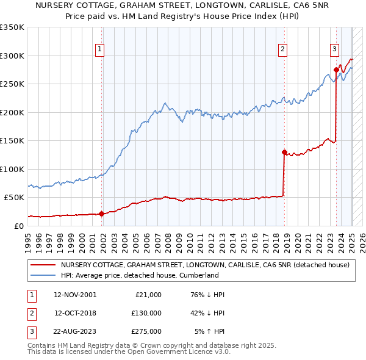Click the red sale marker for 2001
click(x=101, y=214)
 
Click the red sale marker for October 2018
click(x=284, y=152)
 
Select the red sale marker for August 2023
click(x=336, y=70)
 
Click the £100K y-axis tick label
click(x=12, y=169)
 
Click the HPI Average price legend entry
click(x=140, y=275)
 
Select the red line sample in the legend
click(x=43, y=265)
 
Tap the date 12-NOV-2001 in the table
click(x=74, y=295)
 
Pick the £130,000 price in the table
click(x=146, y=313)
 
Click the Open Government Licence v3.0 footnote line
click(x=120, y=352)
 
